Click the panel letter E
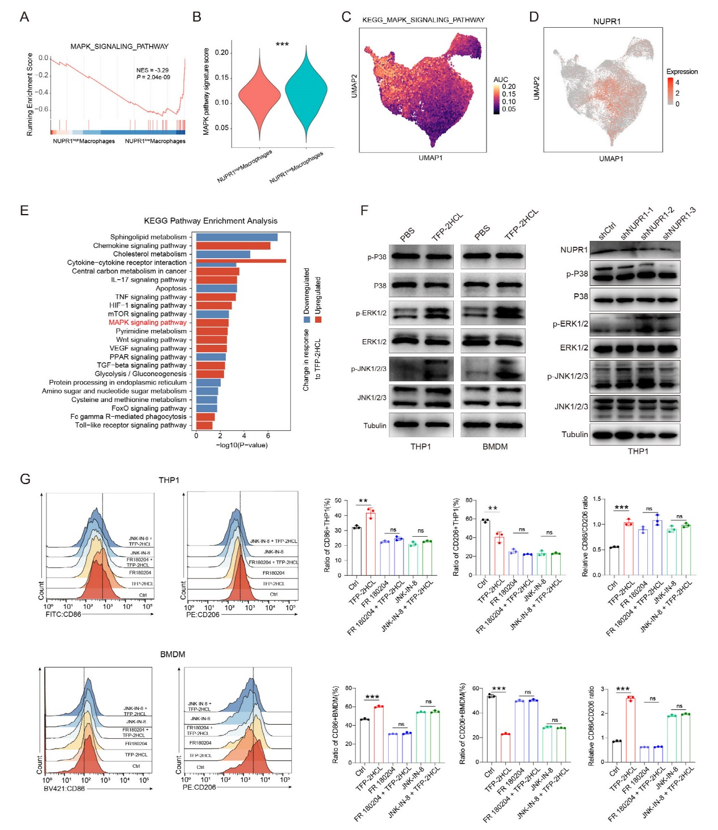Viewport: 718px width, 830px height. coord(24,211)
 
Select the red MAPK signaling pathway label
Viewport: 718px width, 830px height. coord(148,322)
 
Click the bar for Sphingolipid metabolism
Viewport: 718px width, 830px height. coord(234,237)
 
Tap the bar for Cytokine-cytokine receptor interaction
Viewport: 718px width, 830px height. coord(238,262)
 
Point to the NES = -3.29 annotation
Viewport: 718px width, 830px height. coord(152,70)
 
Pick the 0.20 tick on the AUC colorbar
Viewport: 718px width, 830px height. coord(509,87)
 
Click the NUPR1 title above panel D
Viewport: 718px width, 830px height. coord(607,22)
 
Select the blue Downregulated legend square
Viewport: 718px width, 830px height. coord(307,320)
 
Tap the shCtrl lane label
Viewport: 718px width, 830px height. coord(607,232)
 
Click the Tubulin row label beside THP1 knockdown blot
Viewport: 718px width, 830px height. coord(574,434)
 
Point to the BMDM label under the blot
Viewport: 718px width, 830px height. coord(495,447)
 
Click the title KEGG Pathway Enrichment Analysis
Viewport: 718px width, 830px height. coord(210,221)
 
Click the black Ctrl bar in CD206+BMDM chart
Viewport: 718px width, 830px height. coord(492,729)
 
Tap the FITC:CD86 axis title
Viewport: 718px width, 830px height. coord(63,614)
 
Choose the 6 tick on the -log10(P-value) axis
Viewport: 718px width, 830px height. coord(268,436)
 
